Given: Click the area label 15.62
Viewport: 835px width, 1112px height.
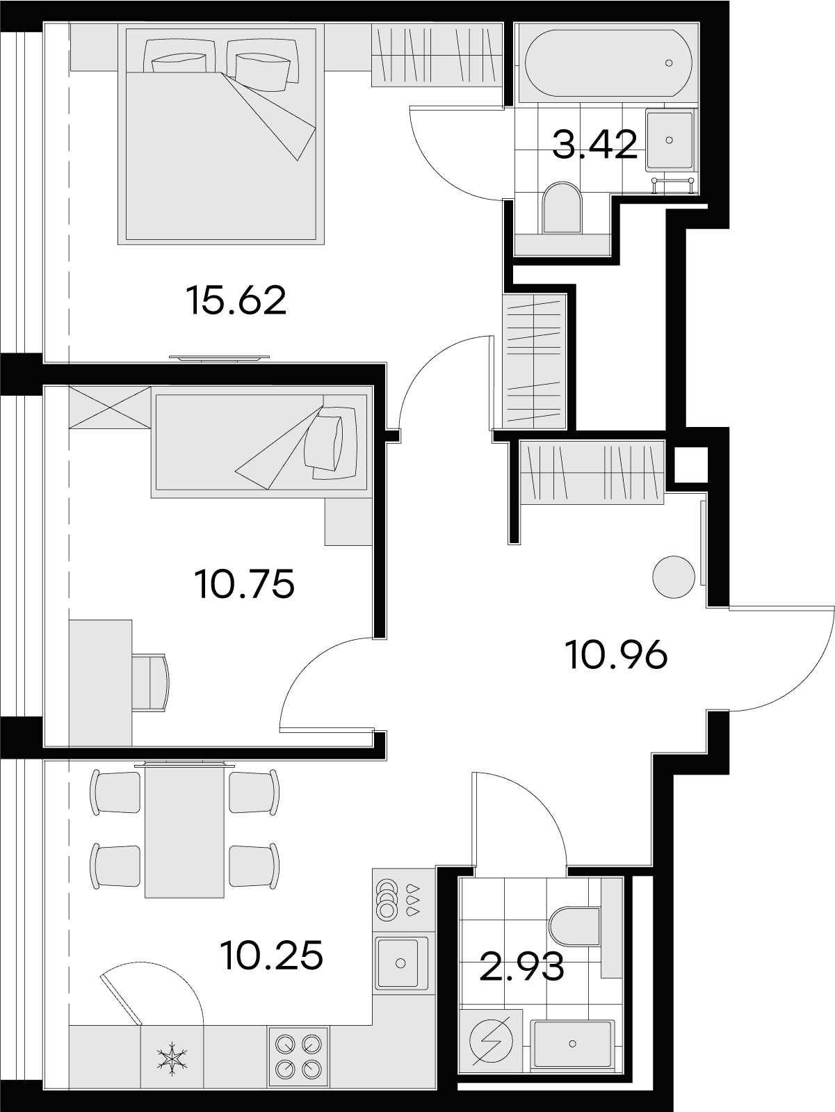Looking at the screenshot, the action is click(236, 300).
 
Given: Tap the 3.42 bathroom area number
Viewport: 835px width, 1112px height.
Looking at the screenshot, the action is click(594, 145).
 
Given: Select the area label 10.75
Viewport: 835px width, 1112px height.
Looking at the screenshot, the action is click(244, 583).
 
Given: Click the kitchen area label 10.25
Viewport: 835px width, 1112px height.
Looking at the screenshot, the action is click(273, 955).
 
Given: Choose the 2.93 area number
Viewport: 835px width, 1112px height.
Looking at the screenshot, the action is click(521, 966).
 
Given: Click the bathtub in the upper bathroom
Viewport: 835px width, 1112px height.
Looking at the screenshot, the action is click(608, 63).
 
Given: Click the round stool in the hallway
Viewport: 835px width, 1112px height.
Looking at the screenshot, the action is click(674, 576).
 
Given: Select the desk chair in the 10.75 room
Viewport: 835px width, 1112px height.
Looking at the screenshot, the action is click(150, 682).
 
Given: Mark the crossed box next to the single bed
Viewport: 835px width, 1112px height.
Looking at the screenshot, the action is click(110, 408).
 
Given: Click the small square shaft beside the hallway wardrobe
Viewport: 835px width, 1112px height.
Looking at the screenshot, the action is click(690, 465).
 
